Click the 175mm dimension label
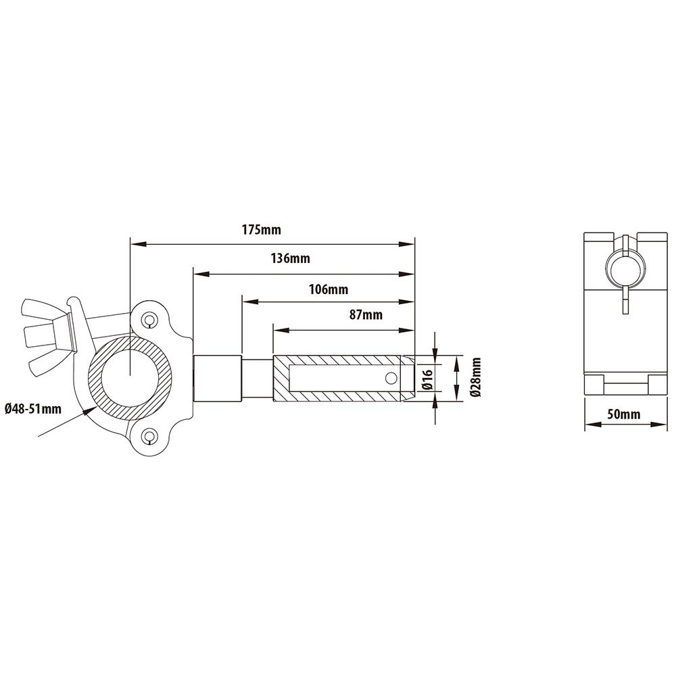click(261, 230)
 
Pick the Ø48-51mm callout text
click(33, 408)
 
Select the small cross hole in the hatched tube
click(391, 378)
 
